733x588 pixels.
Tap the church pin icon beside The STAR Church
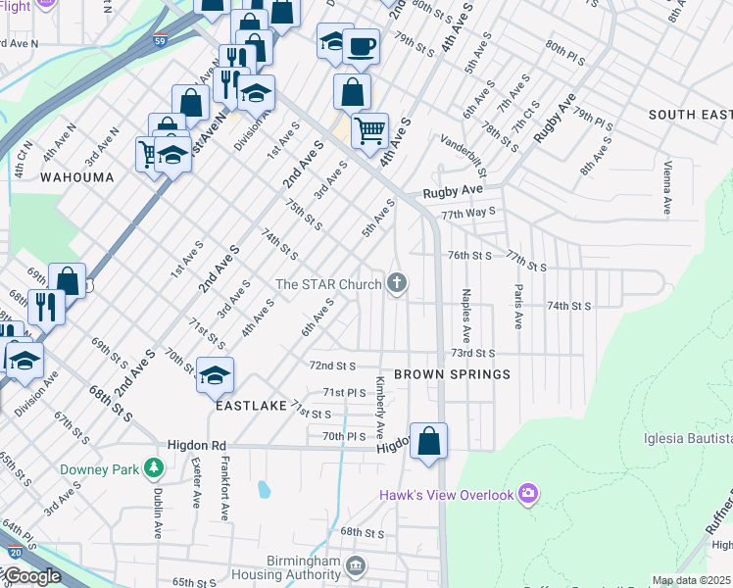click(397, 284)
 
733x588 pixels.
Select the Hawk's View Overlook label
click(447, 495)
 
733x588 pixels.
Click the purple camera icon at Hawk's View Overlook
click(528, 492)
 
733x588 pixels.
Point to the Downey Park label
click(99, 469)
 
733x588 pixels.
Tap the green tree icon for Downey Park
click(154, 468)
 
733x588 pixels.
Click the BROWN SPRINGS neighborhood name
click(452, 374)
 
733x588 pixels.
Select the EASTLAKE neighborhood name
click(251, 404)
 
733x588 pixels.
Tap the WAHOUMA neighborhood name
click(76, 177)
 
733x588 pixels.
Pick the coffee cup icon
click(361, 45)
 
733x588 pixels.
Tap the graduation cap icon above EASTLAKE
click(216, 373)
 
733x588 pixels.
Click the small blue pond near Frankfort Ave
click(262, 488)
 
